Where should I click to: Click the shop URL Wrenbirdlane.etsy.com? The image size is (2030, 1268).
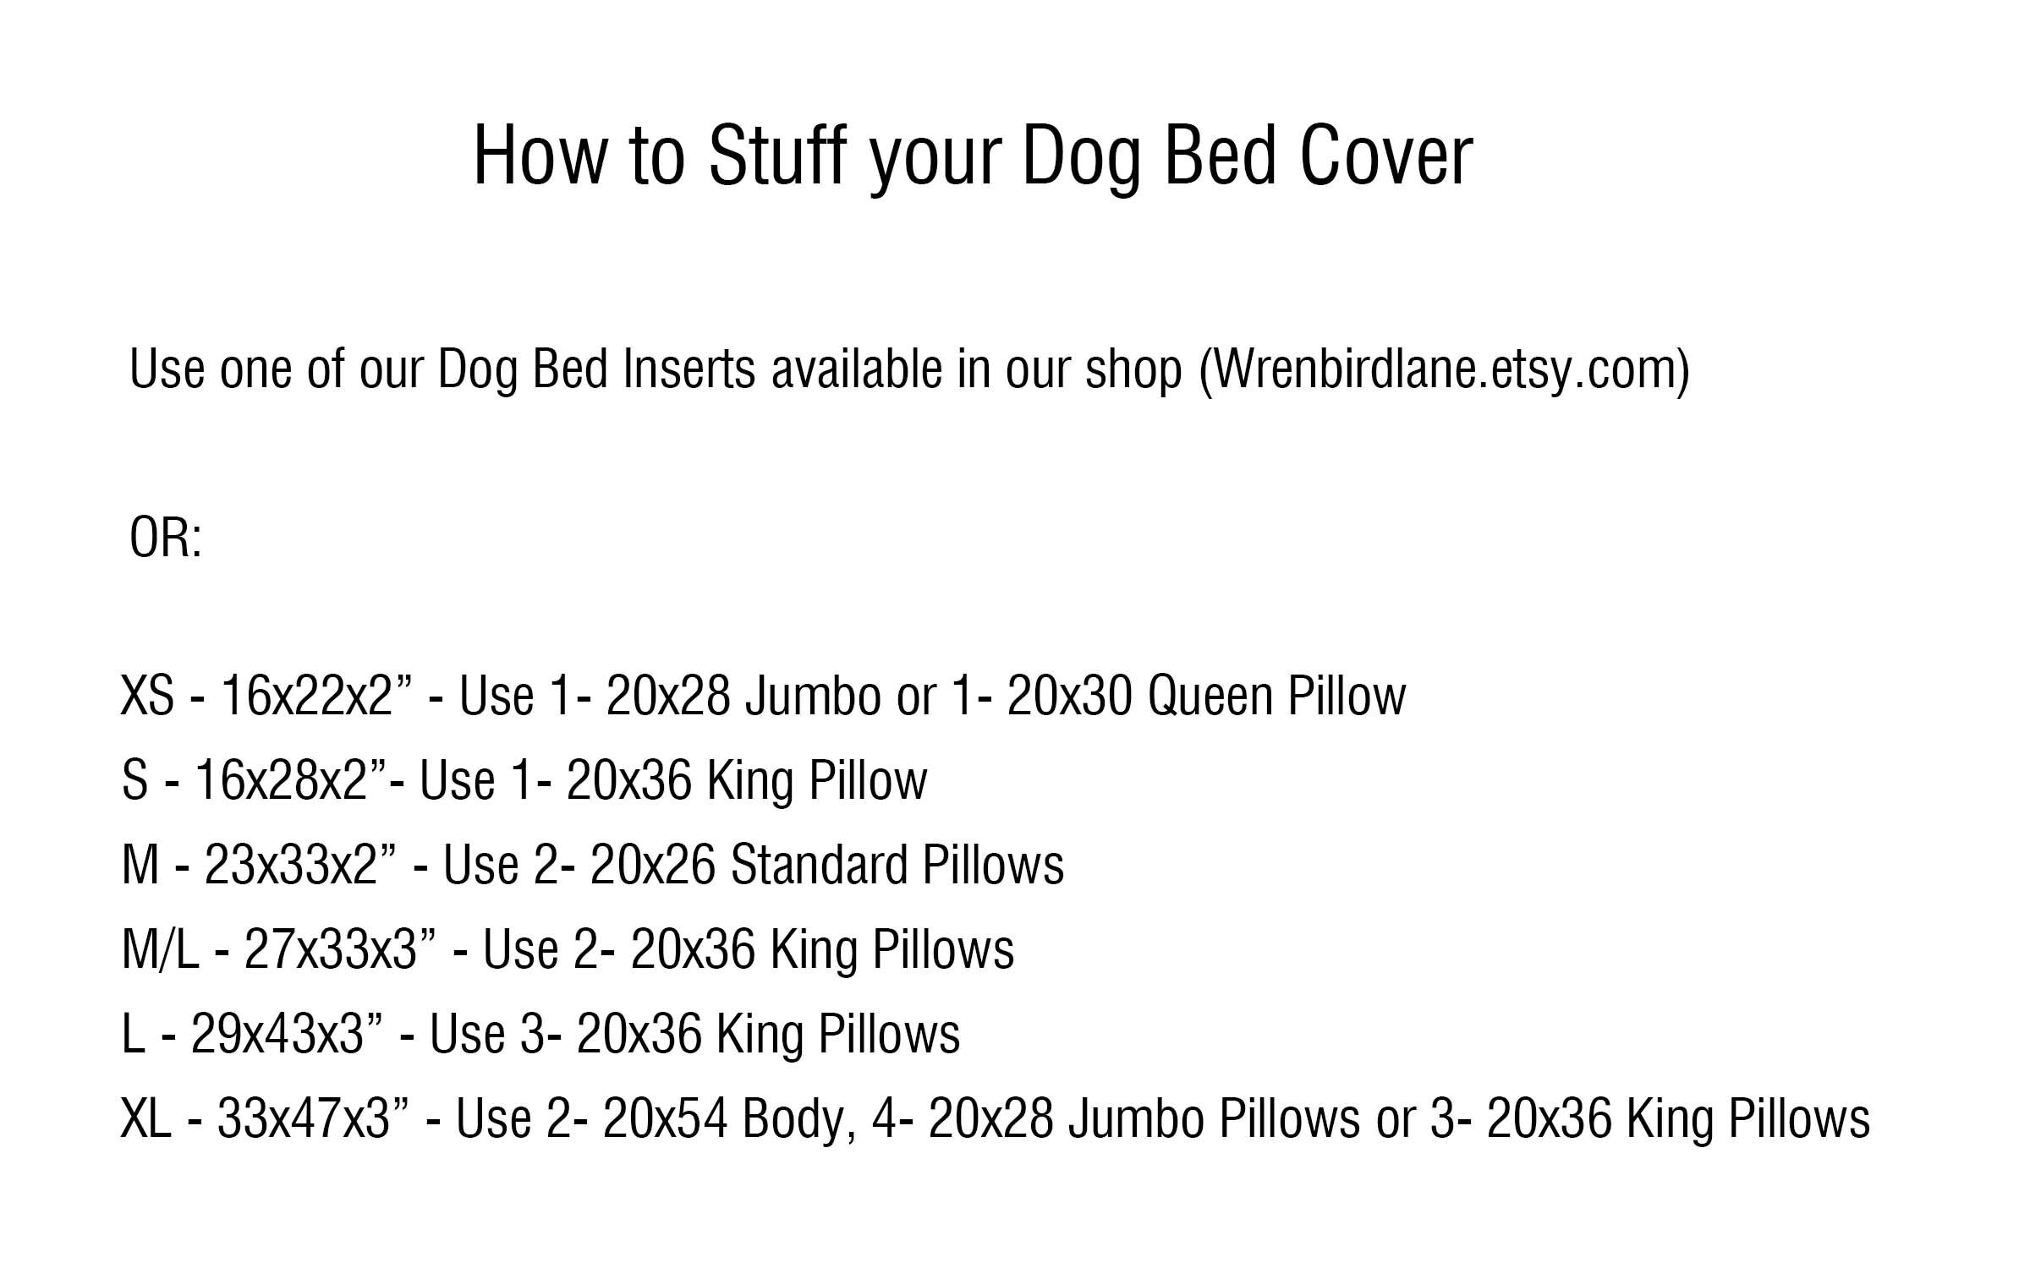1444,369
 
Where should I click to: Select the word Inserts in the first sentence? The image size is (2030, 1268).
688,369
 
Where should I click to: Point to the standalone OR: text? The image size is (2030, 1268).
166,538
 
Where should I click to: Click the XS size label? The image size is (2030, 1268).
147,696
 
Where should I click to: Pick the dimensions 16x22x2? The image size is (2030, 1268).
306,696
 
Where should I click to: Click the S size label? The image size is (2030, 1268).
134,779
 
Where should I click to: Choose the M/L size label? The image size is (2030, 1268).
160,949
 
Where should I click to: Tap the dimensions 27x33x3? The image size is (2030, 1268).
331,949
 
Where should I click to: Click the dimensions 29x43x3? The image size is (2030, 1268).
277,1034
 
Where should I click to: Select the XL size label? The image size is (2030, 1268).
145,1118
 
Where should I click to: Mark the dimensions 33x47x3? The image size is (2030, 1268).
304,1118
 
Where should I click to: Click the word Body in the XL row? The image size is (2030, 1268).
793,1118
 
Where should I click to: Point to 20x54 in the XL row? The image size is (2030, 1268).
665,1118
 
